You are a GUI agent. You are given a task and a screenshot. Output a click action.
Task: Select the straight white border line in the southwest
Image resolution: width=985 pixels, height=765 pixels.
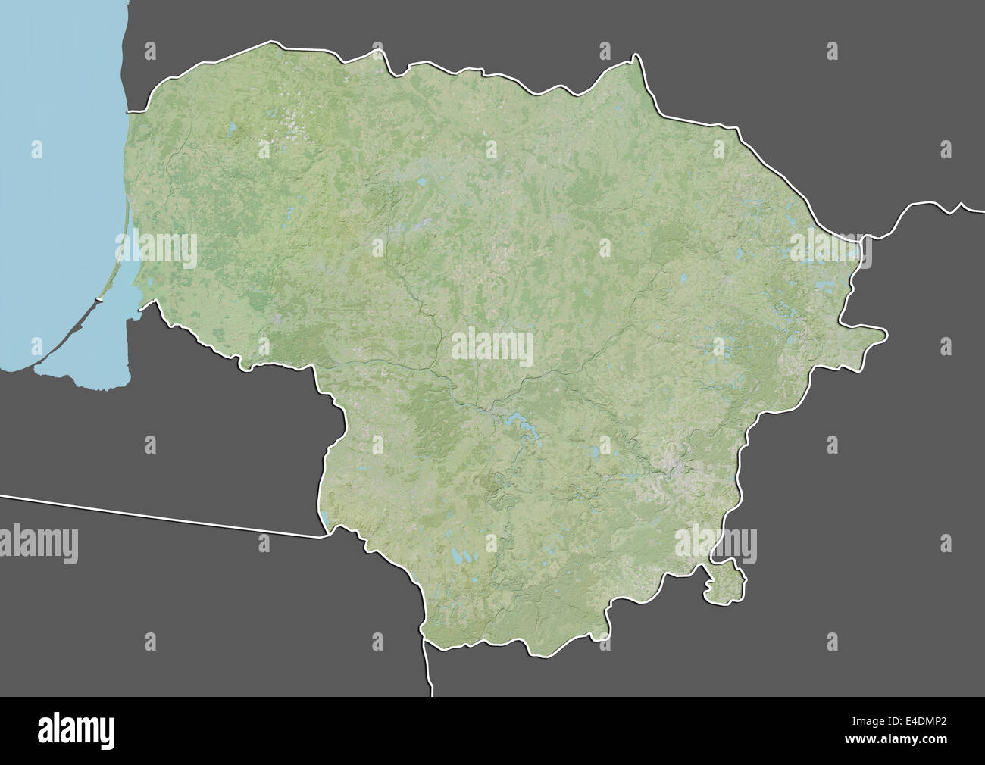click(x=152, y=515)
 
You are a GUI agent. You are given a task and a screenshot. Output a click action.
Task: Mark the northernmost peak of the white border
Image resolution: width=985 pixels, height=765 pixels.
click(x=635, y=57)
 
